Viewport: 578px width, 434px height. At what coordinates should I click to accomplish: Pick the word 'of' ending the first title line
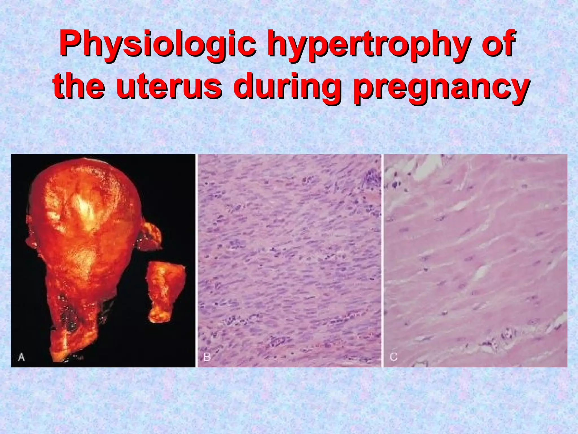coord(497,45)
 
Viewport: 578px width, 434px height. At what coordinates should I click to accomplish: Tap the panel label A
coord(21,357)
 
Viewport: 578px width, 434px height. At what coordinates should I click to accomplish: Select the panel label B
coord(207,357)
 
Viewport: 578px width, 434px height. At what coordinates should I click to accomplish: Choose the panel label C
coord(393,357)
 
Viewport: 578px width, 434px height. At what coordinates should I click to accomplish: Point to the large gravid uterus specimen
coord(85,226)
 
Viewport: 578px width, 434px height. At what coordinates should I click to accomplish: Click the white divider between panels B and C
coord(382,260)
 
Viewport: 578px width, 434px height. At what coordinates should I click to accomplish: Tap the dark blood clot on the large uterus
coord(66,314)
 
